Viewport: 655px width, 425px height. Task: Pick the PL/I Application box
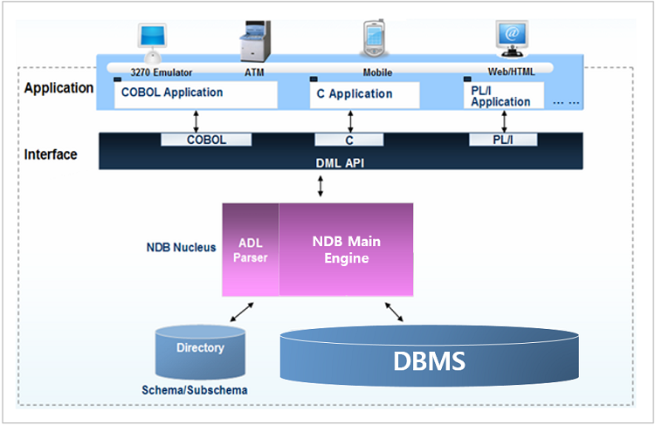(503, 95)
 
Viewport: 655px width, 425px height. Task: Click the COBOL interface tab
(206, 140)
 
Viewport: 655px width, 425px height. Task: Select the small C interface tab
(348, 140)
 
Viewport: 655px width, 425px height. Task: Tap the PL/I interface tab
(503, 140)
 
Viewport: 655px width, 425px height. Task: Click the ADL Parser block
(251, 249)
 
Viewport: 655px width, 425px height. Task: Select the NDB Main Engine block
(347, 249)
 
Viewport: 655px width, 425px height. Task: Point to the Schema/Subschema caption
(194, 390)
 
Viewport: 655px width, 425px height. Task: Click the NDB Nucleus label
(181, 247)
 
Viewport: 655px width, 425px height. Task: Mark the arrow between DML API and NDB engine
(322, 186)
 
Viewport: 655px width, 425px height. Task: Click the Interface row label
(51, 154)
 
